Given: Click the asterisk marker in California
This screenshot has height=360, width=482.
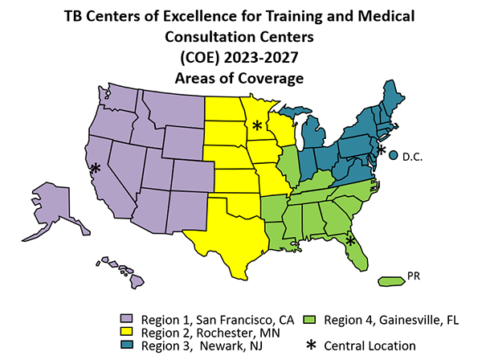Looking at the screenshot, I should tap(96, 168).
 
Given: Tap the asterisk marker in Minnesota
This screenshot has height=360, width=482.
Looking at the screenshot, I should tap(256, 125).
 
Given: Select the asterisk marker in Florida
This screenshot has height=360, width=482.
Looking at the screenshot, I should tap(350, 239).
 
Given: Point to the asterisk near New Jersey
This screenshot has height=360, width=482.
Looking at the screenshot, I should tap(381, 151).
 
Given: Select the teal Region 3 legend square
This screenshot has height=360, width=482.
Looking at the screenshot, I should tap(127, 346).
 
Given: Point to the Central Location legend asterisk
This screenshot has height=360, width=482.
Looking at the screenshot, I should tap(308, 346).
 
